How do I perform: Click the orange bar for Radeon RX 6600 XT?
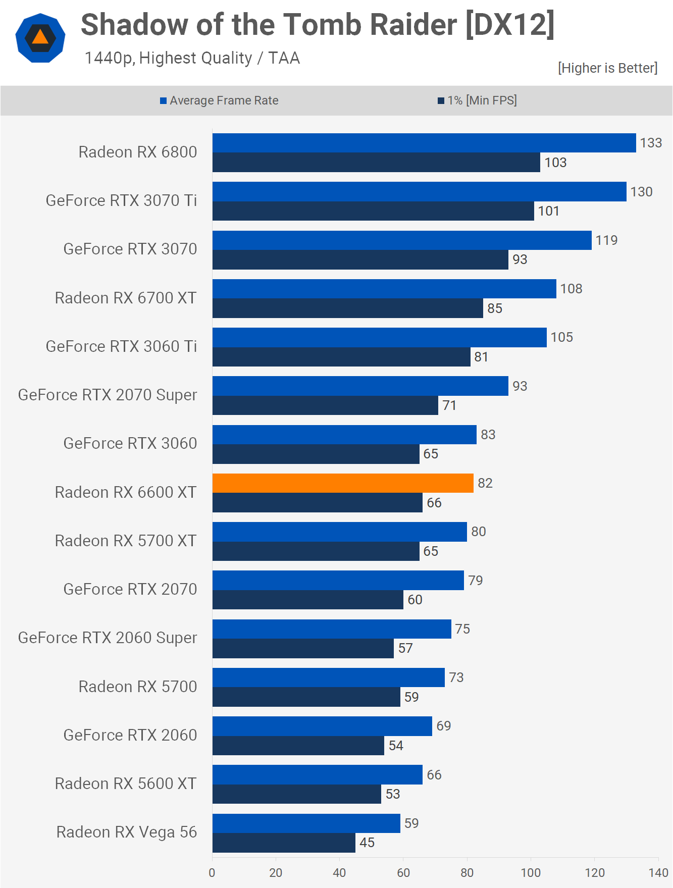pyautogui.click(x=343, y=483)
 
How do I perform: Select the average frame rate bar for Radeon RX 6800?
pyautogui.click(x=424, y=143)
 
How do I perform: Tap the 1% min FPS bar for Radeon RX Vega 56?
pyautogui.click(x=284, y=843)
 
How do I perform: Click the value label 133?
pyautogui.click(x=651, y=143)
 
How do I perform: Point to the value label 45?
pyautogui.click(x=367, y=843)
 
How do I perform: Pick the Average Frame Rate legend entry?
pyautogui.click(x=219, y=100)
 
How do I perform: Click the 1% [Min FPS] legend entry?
pyautogui.click(x=477, y=100)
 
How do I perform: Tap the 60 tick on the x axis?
pyautogui.click(x=403, y=872)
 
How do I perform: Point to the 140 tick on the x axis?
pyautogui.click(x=658, y=872)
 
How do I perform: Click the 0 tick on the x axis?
pyautogui.click(x=212, y=872)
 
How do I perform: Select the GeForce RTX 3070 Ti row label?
pyautogui.click(x=121, y=200)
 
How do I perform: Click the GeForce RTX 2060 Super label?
pyautogui.click(x=108, y=638)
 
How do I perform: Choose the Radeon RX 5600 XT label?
pyautogui.click(x=126, y=783)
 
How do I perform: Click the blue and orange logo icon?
pyautogui.click(x=40, y=38)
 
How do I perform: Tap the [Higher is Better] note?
pyautogui.click(x=607, y=68)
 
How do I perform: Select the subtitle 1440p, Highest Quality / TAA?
pyautogui.click(x=192, y=58)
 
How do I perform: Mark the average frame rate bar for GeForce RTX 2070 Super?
pyautogui.click(x=360, y=386)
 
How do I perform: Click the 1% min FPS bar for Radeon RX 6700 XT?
pyautogui.click(x=347, y=308)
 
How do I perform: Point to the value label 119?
pyautogui.click(x=606, y=240)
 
